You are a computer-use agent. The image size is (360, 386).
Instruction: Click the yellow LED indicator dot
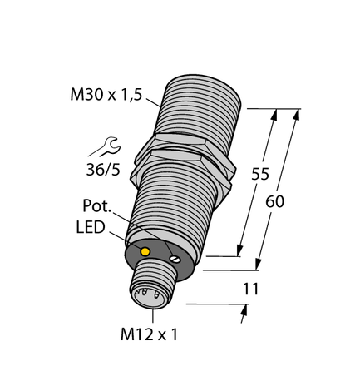(145, 251)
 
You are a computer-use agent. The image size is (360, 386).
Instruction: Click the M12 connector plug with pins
(151, 288)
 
